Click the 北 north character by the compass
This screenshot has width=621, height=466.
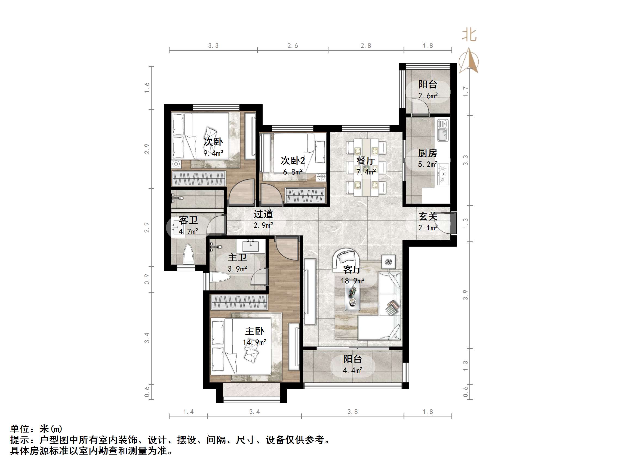[469, 35]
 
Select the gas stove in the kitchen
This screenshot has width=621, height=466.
[443, 174]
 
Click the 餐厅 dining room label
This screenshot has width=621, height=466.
[365, 161]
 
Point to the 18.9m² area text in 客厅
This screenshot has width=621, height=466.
[353, 281]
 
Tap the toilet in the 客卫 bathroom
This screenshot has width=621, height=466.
[188, 254]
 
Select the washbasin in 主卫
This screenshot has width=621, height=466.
[250, 247]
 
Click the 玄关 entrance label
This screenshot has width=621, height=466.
[428, 217]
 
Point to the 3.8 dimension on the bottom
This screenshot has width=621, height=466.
[352, 412]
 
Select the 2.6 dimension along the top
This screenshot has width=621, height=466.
[293, 46]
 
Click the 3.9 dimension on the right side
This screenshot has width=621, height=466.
[465, 295]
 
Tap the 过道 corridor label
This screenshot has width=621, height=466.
[263, 214]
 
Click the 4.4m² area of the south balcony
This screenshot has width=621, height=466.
[353, 370]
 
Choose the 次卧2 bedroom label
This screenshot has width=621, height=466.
[293, 161]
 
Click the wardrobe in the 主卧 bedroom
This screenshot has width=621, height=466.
[239, 302]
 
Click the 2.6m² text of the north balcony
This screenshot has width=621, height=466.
[428, 96]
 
